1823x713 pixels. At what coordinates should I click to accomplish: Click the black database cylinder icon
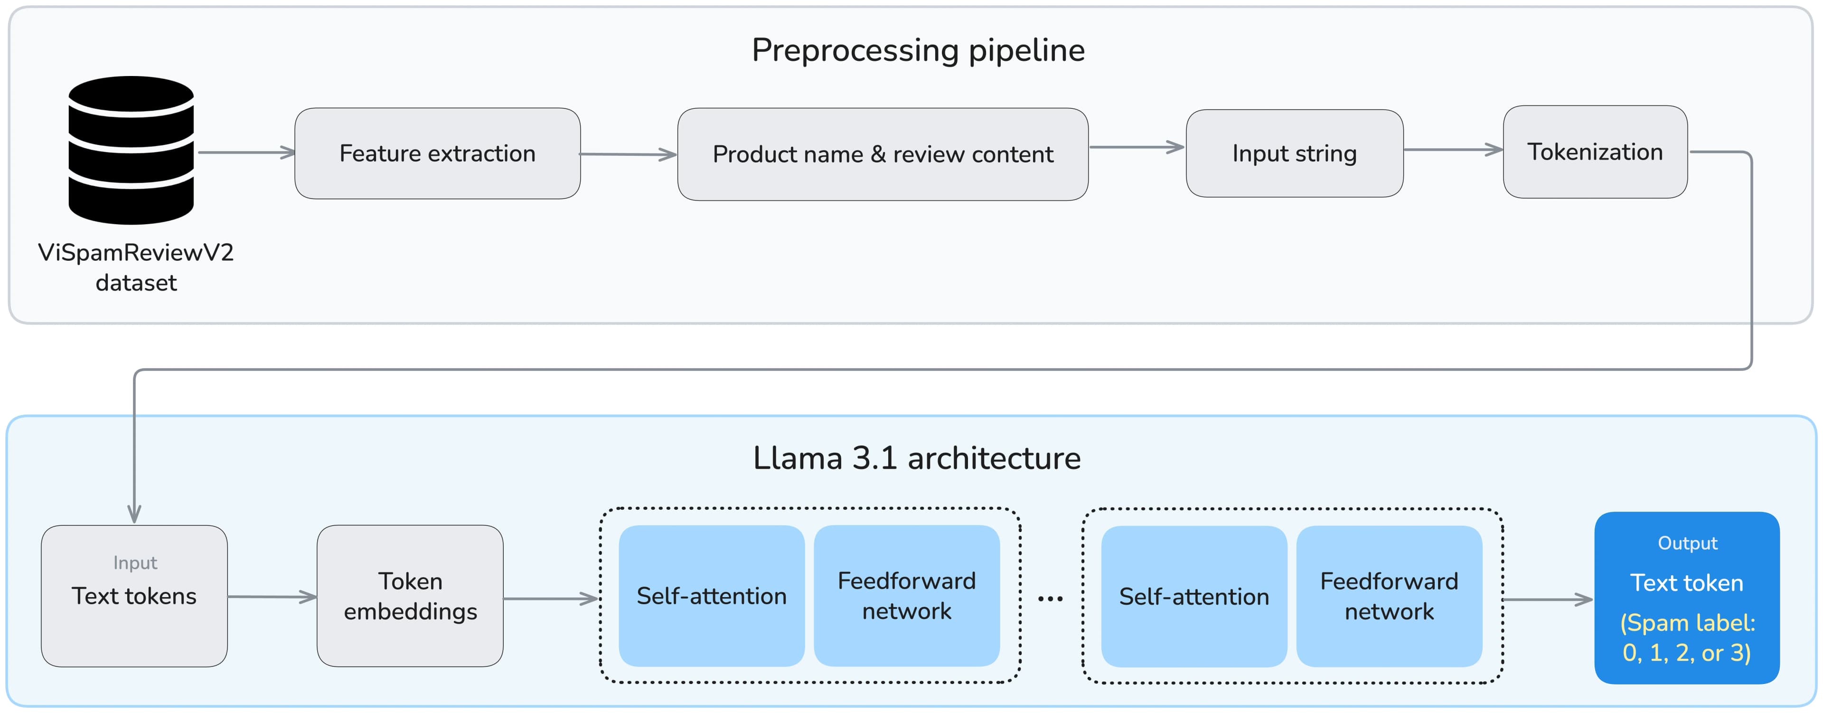click(131, 150)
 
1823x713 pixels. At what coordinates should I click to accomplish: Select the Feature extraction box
click(437, 153)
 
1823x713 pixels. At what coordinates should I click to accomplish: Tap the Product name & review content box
click(883, 154)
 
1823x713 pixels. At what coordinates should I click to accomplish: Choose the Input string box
click(1294, 153)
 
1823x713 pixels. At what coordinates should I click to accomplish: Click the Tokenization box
click(1595, 152)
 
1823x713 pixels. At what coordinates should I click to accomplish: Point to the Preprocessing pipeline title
click(918, 50)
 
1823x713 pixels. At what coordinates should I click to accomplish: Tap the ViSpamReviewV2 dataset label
click(136, 267)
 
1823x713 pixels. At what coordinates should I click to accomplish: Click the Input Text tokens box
click(134, 596)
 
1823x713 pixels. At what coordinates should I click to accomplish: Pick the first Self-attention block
click(711, 596)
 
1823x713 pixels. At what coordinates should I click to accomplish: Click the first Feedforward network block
click(907, 596)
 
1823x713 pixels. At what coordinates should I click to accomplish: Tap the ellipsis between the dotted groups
click(1050, 599)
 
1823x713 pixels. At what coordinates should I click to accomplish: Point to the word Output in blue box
click(1687, 543)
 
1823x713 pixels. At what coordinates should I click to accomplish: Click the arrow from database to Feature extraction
click(245, 152)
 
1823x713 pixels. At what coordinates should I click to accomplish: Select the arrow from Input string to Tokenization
click(1452, 150)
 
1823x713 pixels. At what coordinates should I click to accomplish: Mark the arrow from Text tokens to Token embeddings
click(272, 597)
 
